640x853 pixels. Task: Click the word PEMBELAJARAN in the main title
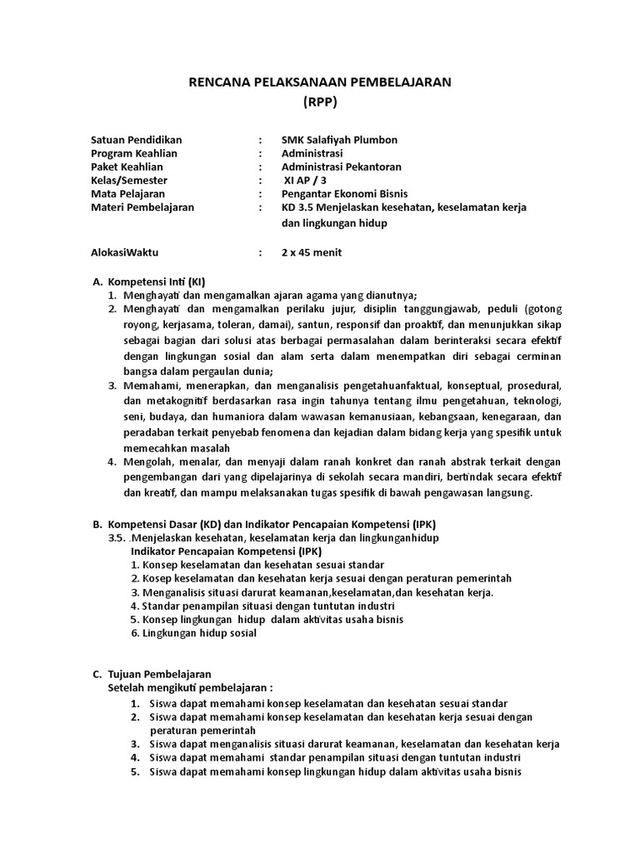(x=397, y=82)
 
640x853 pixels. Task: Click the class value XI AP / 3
(x=307, y=180)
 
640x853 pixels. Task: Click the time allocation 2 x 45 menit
(x=312, y=252)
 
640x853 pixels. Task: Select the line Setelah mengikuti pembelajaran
(x=190, y=687)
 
